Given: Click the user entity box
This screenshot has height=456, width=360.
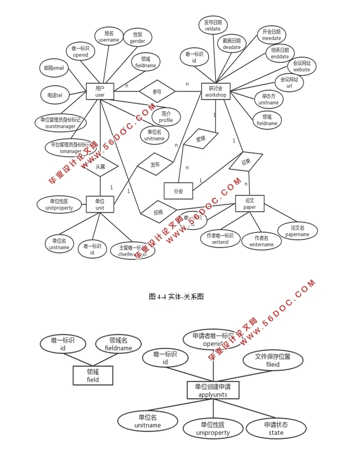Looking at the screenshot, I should [100, 92].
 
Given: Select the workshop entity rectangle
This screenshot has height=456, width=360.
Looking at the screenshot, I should [215, 92].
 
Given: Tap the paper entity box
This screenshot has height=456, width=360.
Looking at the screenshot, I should [249, 203].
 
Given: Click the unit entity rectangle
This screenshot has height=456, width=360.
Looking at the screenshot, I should [100, 204].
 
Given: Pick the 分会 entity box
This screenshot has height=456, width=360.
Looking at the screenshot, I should [178, 191].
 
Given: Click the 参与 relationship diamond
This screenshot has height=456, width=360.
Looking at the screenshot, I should [157, 92].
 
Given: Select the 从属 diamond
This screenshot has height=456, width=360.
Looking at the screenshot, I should [100, 167].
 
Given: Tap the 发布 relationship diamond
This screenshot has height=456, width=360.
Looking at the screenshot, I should [155, 165].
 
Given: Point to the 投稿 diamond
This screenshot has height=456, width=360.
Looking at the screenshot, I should [158, 212].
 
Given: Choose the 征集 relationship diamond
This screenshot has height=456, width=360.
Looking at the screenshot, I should [246, 161].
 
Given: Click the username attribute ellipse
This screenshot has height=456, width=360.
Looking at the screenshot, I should [109, 36].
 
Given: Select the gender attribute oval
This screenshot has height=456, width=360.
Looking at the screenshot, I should [137, 38].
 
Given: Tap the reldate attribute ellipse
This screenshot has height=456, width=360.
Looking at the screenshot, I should [213, 25].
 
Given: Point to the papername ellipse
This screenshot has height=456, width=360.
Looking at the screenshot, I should [297, 231].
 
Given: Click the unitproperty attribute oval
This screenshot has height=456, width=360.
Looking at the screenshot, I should [59, 204].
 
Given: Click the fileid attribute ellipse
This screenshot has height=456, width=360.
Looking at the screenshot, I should [273, 360].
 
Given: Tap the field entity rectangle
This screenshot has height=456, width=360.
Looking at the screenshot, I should [93, 375].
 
